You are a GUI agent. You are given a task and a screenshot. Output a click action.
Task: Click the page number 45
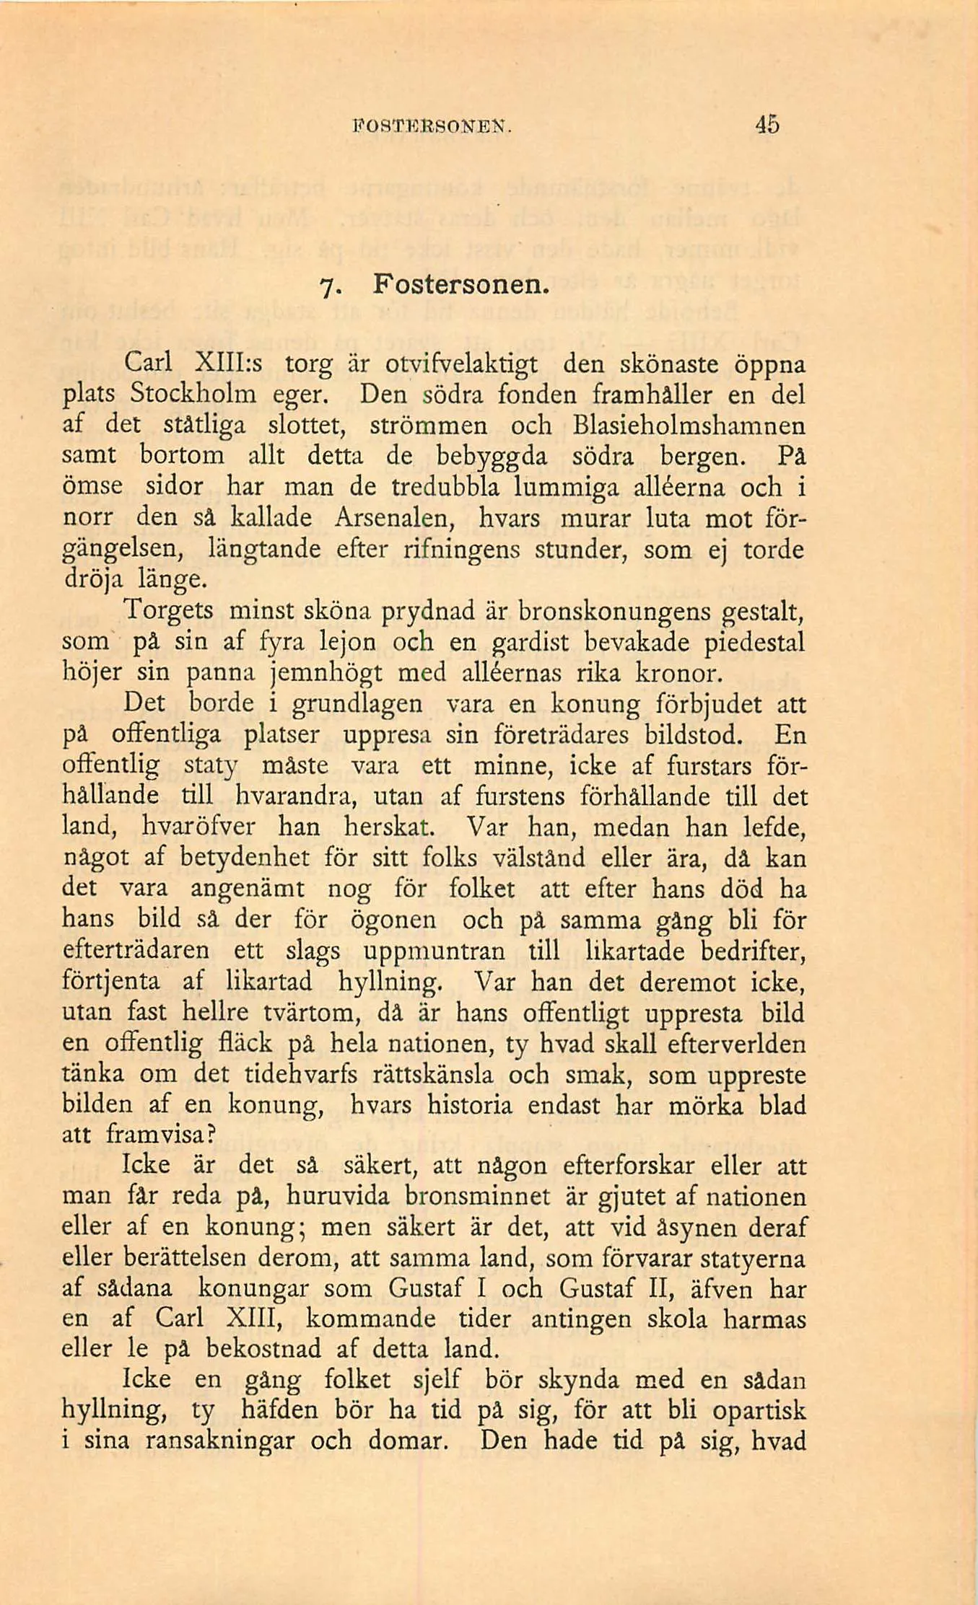click(767, 126)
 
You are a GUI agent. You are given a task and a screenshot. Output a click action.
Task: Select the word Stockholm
click(193, 394)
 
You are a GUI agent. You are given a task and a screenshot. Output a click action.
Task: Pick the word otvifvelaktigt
click(461, 364)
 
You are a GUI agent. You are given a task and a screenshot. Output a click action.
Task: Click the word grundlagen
click(357, 704)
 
